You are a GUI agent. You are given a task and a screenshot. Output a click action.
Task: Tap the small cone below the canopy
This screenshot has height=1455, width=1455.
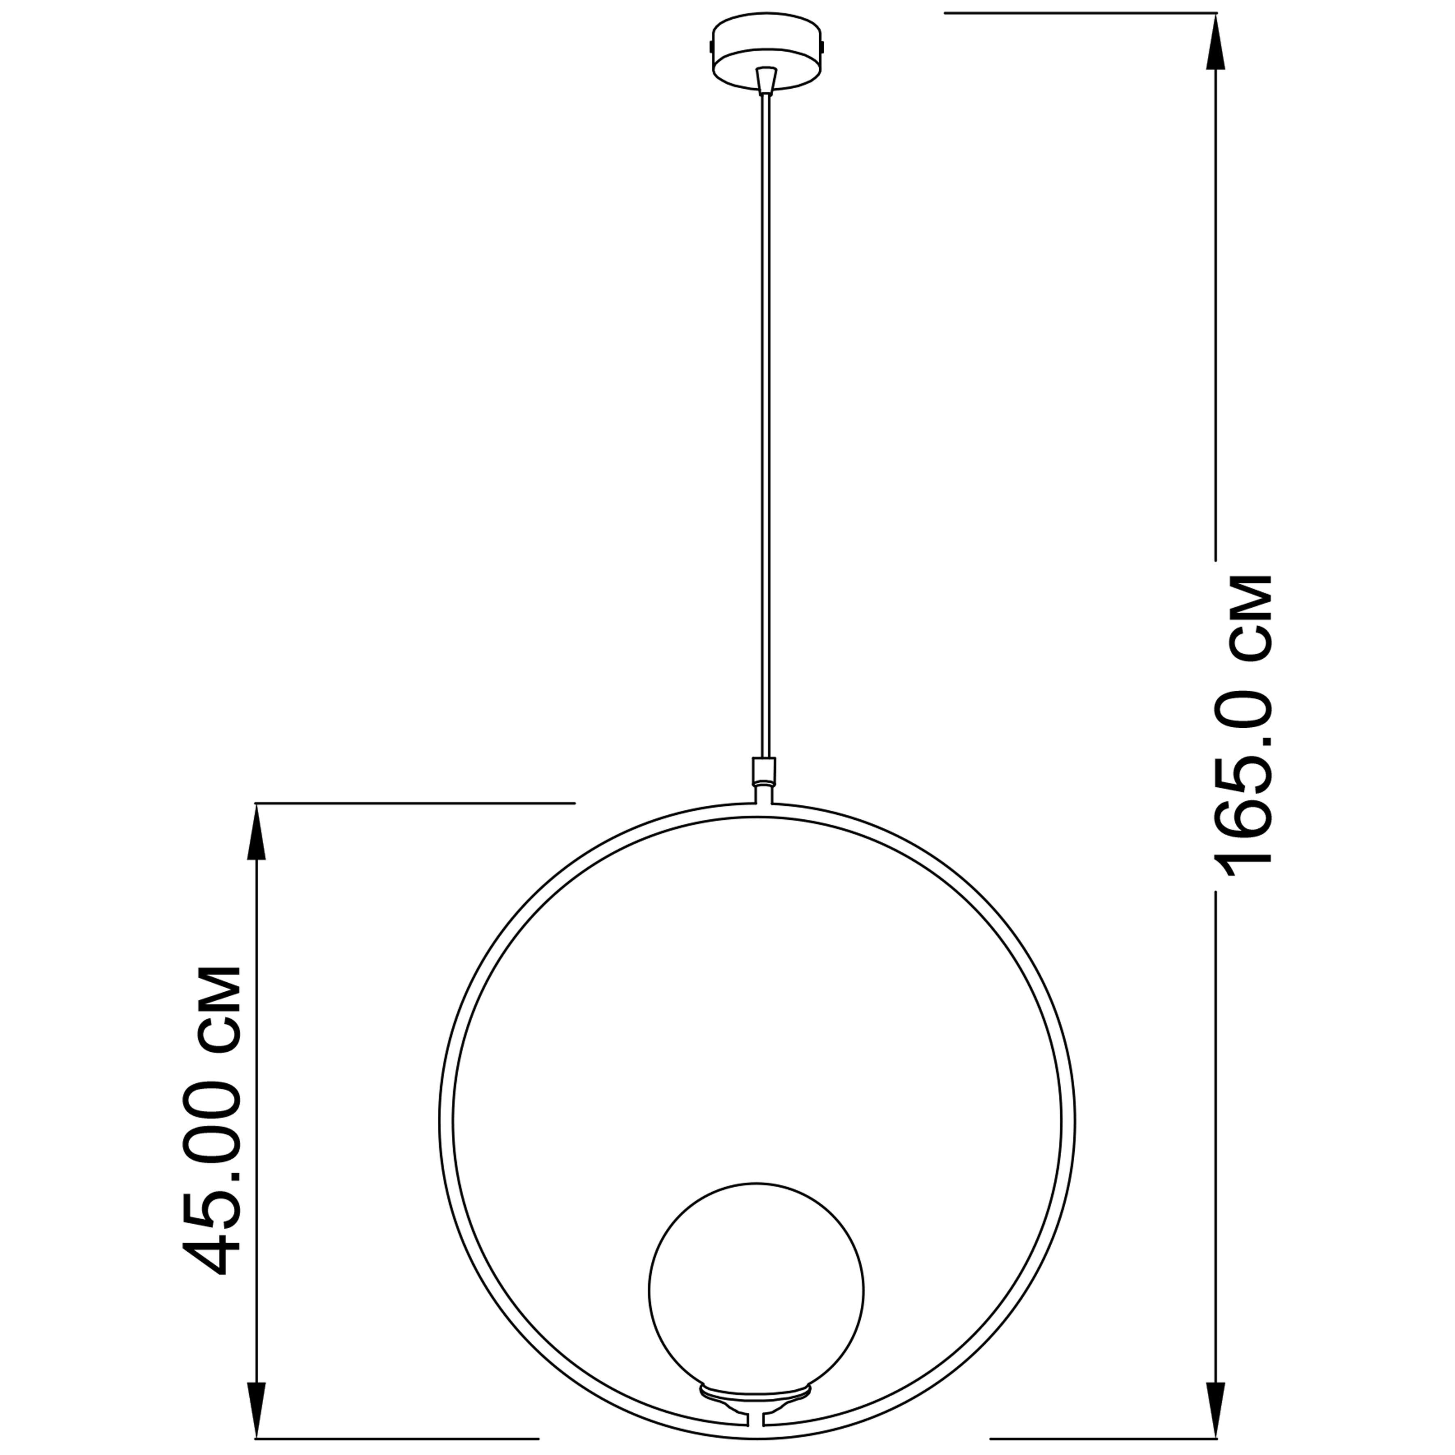[x=766, y=80]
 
